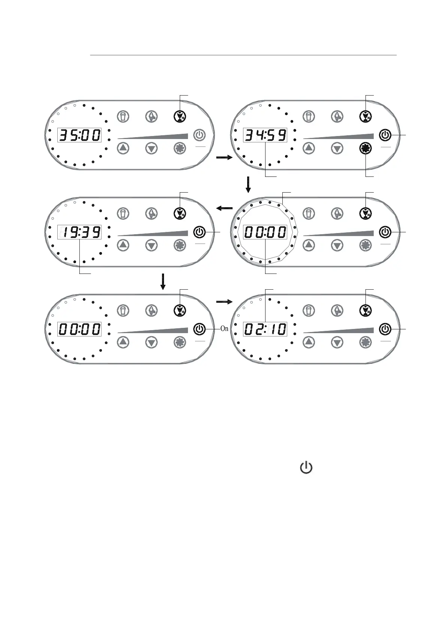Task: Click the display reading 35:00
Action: (x=79, y=135)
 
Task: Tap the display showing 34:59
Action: (x=265, y=135)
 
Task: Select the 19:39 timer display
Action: (x=79, y=232)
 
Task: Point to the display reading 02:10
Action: (x=265, y=329)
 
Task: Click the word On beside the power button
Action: (x=224, y=329)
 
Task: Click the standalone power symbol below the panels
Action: (x=306, y=468)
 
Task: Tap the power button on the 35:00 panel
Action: (x=199, y=135)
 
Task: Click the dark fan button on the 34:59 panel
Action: (x=365, y=148)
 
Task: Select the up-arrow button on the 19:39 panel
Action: (x=123, y=245)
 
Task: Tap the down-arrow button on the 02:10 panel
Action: (x=337, y=342)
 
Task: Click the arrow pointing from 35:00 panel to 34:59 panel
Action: (x=224, y=158)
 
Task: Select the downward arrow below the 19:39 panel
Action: (x=163, y=281)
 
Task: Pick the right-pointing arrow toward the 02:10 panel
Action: (x=224, y=301)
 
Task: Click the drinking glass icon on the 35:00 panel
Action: (x=123, y=117)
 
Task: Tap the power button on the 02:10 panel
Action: (x=385, y=329)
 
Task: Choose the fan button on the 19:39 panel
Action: (x=180, y=245)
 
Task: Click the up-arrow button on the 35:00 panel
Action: (x=123, y=148)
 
